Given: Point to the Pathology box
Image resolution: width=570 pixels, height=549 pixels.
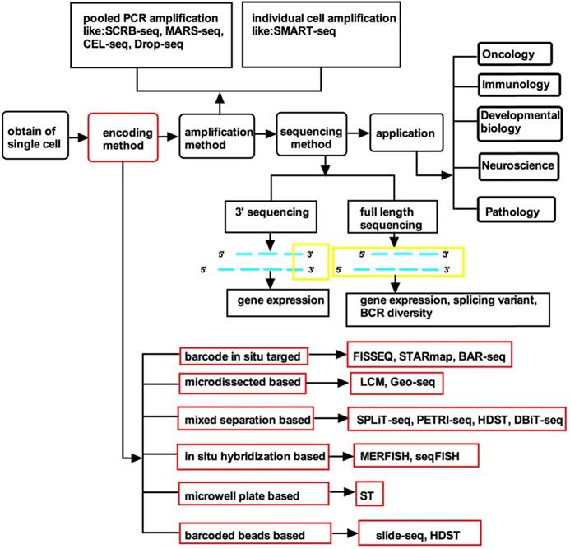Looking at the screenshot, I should point(511,212).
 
